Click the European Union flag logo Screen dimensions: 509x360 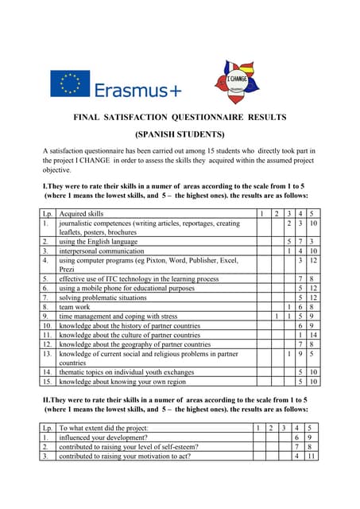(x=70, y=84)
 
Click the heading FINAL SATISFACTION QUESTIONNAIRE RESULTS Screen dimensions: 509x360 (x=180, y=117)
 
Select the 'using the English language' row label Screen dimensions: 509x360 (x=99, y=241)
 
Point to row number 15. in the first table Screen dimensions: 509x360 (x=48, y=382)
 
